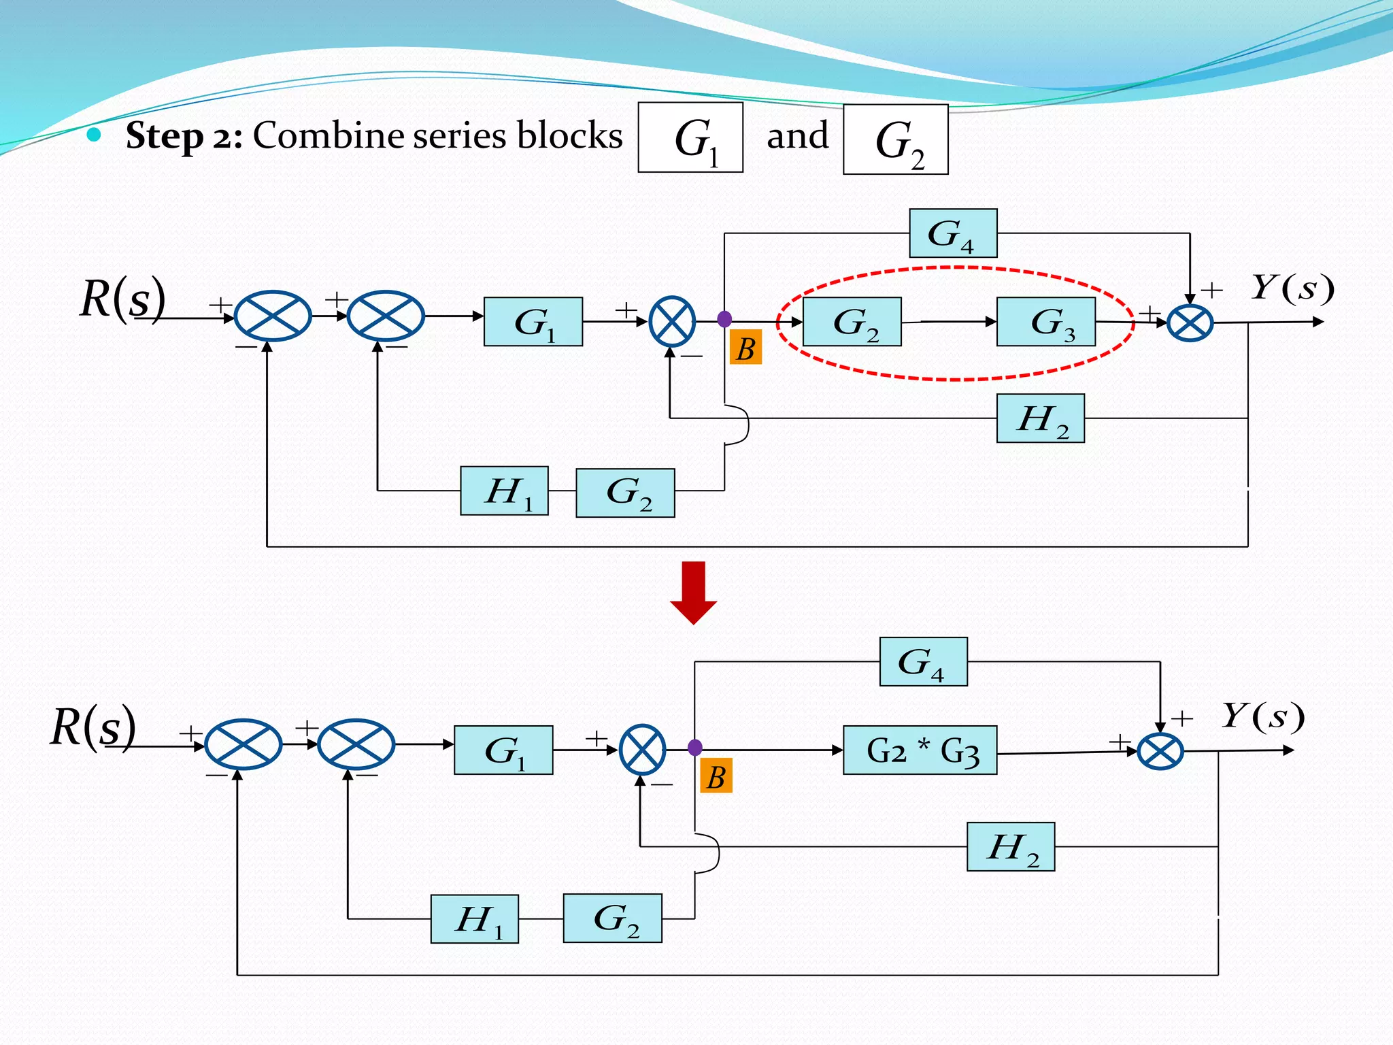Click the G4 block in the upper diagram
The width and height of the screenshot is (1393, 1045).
pyautogui.click(x=953, y=233)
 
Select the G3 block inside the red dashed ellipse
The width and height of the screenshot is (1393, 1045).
pyautogui.click(x=1045, y=322)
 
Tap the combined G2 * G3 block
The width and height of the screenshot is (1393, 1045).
pyautogui.click(x=920, y=750)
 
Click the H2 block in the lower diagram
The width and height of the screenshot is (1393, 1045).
pyautogui.click(x=1011, y=847)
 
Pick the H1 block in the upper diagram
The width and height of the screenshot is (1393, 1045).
pyautogui.click(x=504, y=491)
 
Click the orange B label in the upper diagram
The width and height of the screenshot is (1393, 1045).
pyautogui.click(x=745, y=348)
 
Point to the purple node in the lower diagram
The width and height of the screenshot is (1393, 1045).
pyautogui.click(x=694, y=748)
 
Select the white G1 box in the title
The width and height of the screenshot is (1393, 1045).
pyautogui.click(x=690, y=137)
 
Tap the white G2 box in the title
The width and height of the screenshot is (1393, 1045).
pyautogui.click(x=895, y=139)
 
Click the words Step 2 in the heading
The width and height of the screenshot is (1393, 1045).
pyautogui.click(x=184, y=135)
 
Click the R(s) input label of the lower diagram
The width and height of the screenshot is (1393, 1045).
pyautogui.click(x=93, y=727)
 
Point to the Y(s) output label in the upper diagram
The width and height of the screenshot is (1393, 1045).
pyautogui.click(x=1292, y=288)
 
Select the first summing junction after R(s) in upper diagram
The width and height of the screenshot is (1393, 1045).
pyautogui.click(x=273, y=316)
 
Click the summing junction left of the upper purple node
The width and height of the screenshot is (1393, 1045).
pyautogui.click(x=672, y=322)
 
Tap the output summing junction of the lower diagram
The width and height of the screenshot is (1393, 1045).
pyautogui.click(x=1160, y=752)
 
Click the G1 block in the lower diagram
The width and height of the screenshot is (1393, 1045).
pyautogui.click(x=503, y=750)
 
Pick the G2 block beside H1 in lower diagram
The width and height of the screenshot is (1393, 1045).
pyautogui.click(x=612, y=918)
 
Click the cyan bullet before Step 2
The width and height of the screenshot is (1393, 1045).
pyautogui.click(x=94, y=134)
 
